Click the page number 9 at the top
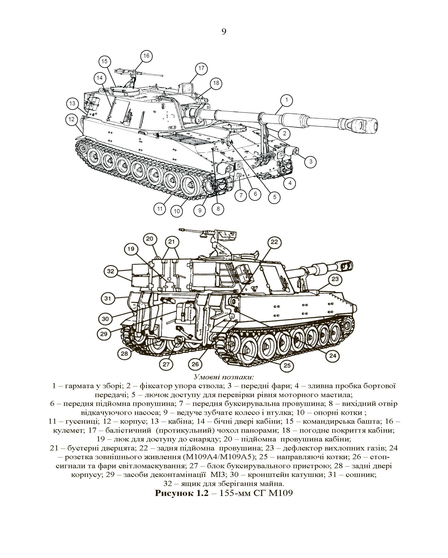pyautogui.click(x=224, y=32)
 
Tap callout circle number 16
pyautogui.click(x=146, y=56)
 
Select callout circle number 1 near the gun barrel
pyautogui.click(x=286, y=100)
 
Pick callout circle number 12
pyautogui.click(x=72, y=119)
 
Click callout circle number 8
pyautogui.click(x=218, y=209)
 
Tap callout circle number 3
pyautogui.click(x=311, y=162)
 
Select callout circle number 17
pyautogui.click(x=201, y=69)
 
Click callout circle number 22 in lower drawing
pyautogui.click(x=274, y=242)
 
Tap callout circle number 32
pyautogui.click(x=111, y=271)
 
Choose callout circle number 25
pyautogui.click(x=287, y=366)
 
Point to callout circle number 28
pyautogui.click(x=124, y=353)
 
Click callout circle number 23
pyautogui.click(x=335, y=279)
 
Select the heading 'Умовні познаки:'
pyautogui.click(x=224, y=376)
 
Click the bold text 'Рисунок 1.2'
pyautogui.click(x=181, y=493)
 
